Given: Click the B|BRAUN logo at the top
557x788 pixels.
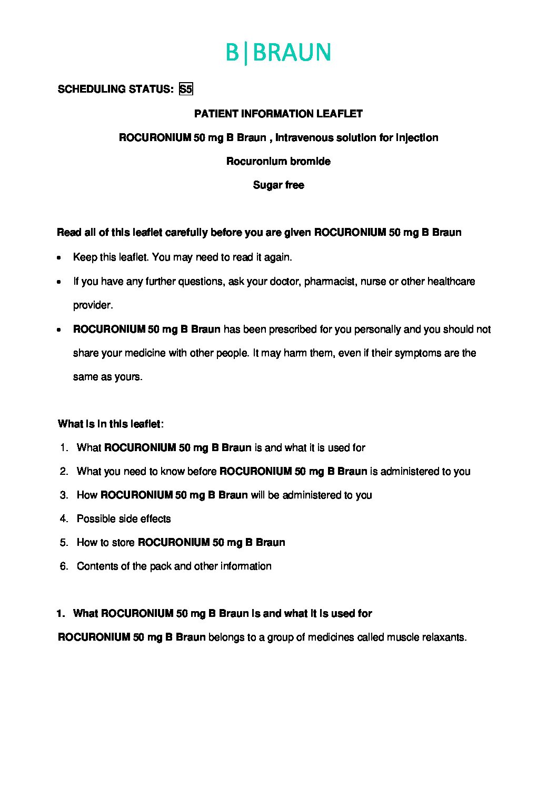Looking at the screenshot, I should (278, 53).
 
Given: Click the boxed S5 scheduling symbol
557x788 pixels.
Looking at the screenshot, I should (186, 89).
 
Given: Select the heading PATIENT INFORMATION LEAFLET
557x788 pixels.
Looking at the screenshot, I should (278, 114).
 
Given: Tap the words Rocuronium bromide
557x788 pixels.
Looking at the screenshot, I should (278, 161).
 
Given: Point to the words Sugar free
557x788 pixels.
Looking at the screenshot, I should (278, 185).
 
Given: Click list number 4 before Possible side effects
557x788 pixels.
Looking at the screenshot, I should (64, 519).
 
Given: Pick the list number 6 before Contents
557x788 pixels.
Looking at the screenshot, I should (64, 566).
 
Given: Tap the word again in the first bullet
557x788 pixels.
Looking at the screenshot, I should (279, 258).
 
